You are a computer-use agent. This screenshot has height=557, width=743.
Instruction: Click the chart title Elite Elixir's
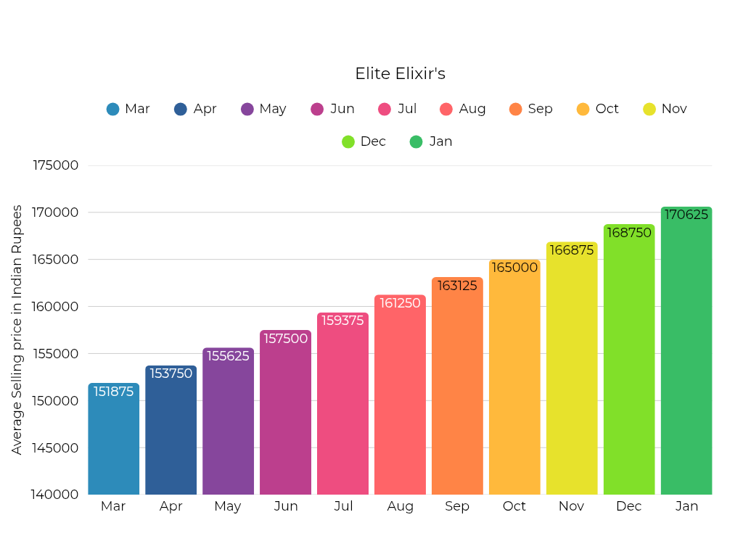400,74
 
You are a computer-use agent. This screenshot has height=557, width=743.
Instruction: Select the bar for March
114,442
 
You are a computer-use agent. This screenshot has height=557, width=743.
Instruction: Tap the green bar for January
686,355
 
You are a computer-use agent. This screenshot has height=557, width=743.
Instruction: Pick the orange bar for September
457,392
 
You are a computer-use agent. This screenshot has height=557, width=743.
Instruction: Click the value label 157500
285,339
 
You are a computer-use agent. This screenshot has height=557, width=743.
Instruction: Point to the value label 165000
514,268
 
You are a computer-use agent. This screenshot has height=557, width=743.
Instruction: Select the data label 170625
686,215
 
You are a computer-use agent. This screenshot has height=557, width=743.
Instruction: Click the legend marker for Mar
112,110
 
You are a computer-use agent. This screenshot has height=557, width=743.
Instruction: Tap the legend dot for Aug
446,110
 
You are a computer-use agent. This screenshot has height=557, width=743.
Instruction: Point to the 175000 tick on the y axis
55,165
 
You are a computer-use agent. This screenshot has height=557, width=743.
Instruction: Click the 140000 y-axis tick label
55,495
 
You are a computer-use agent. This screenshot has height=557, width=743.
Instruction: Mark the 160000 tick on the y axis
55,306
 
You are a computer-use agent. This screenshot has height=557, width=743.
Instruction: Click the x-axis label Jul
343,506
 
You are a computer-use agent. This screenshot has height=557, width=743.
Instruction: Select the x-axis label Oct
514,506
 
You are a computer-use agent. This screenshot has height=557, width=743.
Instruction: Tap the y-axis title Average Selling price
17,330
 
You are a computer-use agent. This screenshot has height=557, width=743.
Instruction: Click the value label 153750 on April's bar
171,374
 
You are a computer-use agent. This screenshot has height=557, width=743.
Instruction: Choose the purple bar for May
228,428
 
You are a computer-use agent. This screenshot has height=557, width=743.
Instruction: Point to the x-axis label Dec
629,506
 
